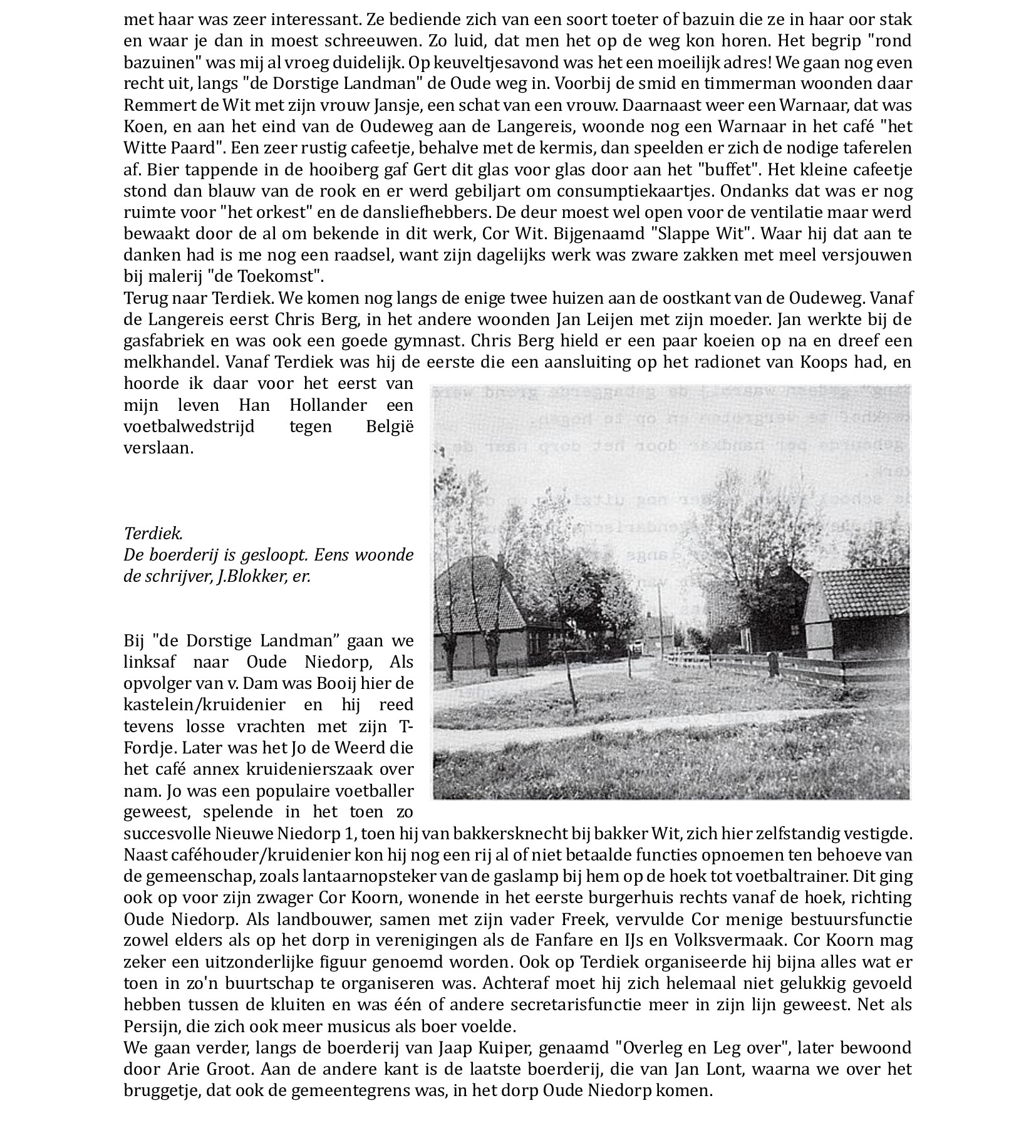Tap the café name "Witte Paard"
pyautogui.click(x=172, y=148)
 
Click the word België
pyautogui.click(x=390, y=427)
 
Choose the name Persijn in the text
pyautogui.click(x=149, y=1026)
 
